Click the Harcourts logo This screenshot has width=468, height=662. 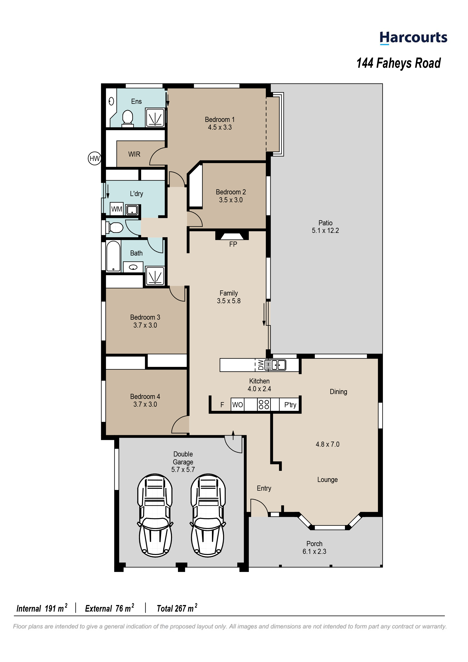point(413,38)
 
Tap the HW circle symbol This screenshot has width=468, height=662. point(95,158)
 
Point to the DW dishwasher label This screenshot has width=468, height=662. point(261,365)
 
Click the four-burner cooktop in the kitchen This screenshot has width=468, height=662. point(264,405)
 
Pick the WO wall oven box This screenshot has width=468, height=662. point(237,405)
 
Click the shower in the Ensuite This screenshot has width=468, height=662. point(155,117)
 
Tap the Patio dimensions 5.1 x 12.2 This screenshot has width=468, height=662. point(325,231)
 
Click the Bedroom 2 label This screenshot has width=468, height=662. point(231,192)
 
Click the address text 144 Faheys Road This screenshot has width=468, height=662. point(399,63)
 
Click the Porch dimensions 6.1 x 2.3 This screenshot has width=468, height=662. point(314,552)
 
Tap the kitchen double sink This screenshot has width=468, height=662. point(275,365)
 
